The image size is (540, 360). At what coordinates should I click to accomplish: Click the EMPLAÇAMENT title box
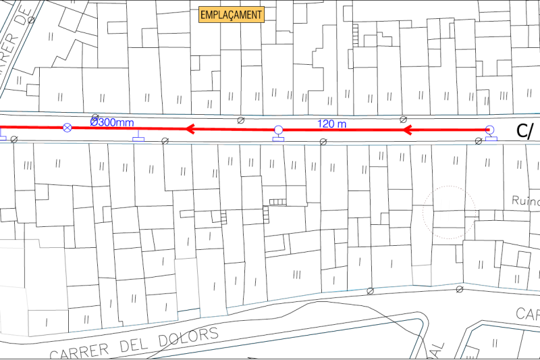pyautogui.click(x=231, y=14)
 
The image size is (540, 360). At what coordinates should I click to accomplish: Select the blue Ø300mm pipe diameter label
pyautogui.click(x=112, y=122)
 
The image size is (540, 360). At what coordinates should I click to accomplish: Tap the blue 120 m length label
pyautogui.click(x=331, y=123)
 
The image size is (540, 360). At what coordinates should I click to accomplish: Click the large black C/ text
pyautogui.click(x=525, y=131)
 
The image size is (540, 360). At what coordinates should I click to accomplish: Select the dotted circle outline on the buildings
pyautogui.click(x=450, y=212)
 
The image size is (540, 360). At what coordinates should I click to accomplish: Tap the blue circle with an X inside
pyautogui.click(x=67, y=128)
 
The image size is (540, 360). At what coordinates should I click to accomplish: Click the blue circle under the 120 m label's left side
pyautogui.click(x=278, y=130)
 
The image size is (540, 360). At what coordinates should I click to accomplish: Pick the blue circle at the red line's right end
pyautogui.click(x=490, y=130)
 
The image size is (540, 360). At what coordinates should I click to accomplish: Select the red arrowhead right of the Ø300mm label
pyautogui.click(x=192, y=128)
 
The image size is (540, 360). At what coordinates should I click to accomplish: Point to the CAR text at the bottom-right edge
pyautogui.click(x=528, y=313)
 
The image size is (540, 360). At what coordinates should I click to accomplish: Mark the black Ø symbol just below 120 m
pyautogui.click(x=323, y=140)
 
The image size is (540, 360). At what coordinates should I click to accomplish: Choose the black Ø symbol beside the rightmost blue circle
pyautogui.click(x=479, y=140)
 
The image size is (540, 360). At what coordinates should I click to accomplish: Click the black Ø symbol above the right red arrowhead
pyautogui.click(x=403, y=119)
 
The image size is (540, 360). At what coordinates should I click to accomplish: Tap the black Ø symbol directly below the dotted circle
pyautogui.click(x=460, y=289)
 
